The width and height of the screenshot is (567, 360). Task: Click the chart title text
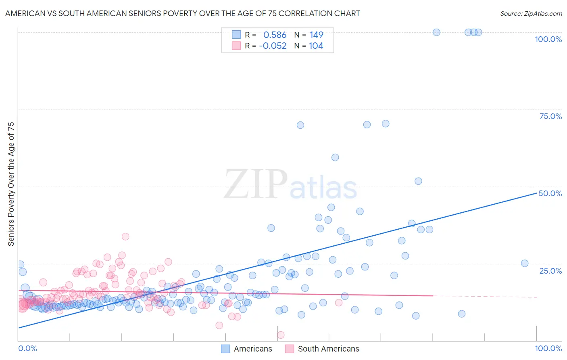[182, 13]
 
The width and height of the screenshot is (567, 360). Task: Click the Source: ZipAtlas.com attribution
[531, 13]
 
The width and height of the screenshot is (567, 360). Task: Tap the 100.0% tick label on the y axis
[548, 39]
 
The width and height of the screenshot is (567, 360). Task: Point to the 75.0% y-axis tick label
[550, 116]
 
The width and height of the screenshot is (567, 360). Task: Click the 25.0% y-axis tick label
[550, 270]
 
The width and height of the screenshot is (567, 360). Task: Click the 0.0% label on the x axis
[27, 348]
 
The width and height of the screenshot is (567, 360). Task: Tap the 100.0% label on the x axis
[548, 348]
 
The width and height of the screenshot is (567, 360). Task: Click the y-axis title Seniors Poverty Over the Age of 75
[11, 184]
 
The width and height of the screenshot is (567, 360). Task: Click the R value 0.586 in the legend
[275, 35]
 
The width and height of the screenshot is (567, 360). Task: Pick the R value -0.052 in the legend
[273, 46]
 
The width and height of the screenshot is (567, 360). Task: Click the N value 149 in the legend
[316, 35]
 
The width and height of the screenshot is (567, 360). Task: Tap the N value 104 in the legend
[316, 46]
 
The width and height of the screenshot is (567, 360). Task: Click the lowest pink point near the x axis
[281, 335]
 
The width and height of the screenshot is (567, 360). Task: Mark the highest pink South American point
[125, 237]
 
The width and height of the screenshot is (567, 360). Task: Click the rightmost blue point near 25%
[525, 264]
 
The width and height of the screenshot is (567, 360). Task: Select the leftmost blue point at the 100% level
[436, 32]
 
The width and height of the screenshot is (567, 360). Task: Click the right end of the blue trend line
[536, 193]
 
